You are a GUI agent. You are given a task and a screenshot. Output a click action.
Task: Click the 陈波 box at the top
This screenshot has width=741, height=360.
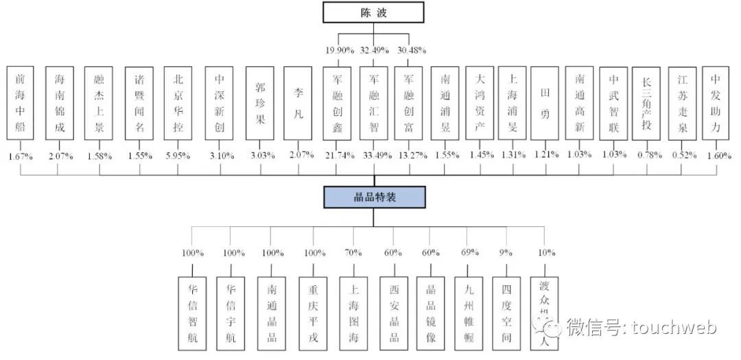click(374, 13)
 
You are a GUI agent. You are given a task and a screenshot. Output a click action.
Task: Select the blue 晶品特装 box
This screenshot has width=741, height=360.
click(374, 197)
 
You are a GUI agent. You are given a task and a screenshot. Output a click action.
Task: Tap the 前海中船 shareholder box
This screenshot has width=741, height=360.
click(21, 104)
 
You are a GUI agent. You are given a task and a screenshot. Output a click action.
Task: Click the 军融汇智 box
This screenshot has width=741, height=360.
click(374, 104)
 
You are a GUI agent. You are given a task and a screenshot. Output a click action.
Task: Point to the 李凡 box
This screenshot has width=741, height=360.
click(298, 104)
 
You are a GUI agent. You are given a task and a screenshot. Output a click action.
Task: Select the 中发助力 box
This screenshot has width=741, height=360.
click(716, 104)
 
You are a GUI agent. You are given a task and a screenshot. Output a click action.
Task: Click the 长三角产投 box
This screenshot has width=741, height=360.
click(646, 104)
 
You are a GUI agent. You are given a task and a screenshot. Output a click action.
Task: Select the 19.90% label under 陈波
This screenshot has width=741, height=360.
click(338, 50)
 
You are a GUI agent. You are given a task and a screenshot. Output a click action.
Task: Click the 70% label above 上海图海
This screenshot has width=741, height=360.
click(353, 253)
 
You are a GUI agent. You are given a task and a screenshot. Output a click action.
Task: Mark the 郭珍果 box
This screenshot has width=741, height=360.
click(259, 104)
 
